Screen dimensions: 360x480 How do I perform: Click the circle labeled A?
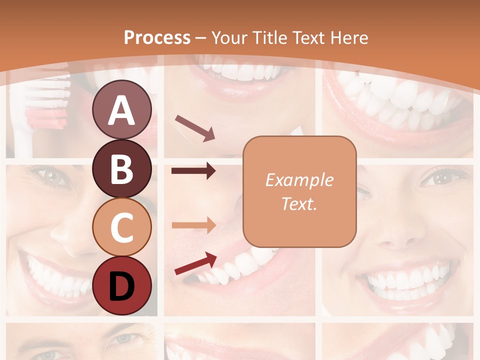click(121, 110)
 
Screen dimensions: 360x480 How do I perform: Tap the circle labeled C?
click(121, 227)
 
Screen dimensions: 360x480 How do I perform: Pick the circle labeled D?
click(121, 286)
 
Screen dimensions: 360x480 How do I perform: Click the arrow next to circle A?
click(194, 127)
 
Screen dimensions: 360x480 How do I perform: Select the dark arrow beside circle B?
click(193, 171)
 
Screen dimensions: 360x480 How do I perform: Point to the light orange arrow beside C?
click(193, 224)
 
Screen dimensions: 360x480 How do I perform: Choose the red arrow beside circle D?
click(195, 263)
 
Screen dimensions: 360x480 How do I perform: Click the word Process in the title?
click(157, 37)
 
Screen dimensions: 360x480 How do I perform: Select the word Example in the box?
click(299, 180)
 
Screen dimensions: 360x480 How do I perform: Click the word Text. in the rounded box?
click(299, 203)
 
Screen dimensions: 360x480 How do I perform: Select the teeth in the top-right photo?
click(400, 100)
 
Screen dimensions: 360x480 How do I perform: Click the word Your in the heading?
click(230, 37)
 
